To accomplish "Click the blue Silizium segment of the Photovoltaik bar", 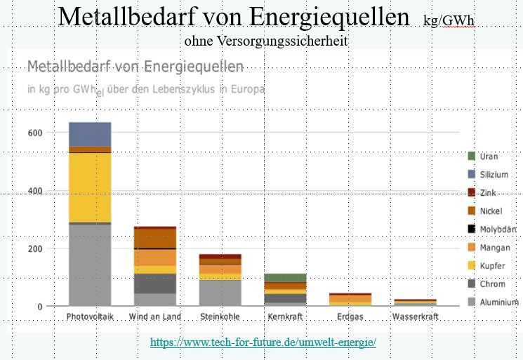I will tap(90, 134).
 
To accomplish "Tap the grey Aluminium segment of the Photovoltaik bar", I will tap(90, 265).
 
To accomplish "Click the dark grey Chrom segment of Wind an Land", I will tap(155, 284).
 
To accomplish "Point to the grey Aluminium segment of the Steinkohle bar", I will tap(220, 292).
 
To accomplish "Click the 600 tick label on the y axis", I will tap(35, 133).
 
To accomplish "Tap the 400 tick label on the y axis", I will tap(35, 191).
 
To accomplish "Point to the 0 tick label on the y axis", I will tap(39, 307).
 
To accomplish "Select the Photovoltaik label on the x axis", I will tap(90, 317).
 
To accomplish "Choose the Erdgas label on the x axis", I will tap(350, 317).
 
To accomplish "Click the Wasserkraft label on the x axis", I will tap(416, 317).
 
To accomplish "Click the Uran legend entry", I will tap(489, 156).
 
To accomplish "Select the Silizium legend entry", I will tap(494, 175).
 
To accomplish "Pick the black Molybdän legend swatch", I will tap(472, 229).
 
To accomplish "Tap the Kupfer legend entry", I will tap(492, 266).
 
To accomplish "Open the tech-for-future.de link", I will tap(263, 342).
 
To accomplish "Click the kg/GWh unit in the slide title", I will tap(449, 20).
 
